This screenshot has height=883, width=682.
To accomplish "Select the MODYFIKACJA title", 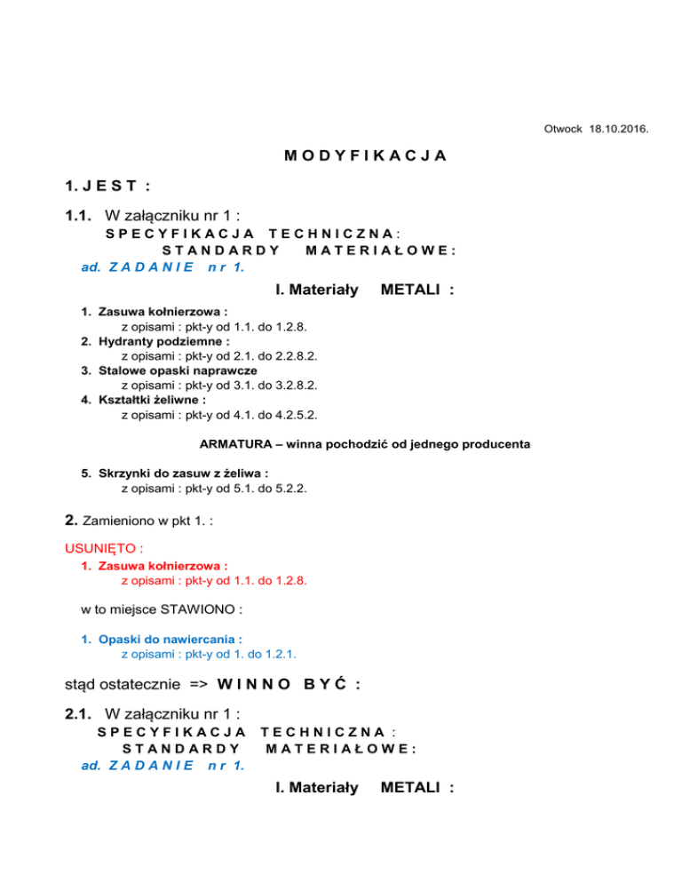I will (x=365, y=156).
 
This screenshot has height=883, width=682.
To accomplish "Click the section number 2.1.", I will (x=80, y=713).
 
